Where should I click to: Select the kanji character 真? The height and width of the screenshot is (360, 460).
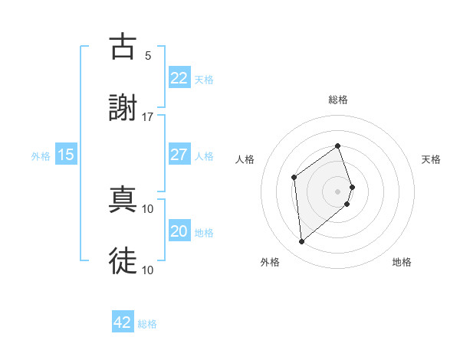(123, 200)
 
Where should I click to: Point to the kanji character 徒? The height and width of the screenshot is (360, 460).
(123, 261)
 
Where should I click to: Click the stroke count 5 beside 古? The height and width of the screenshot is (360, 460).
(148, 55)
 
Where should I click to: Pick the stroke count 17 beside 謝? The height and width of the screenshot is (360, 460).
(148, 116)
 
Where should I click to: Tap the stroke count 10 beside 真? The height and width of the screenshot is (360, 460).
(148, 208)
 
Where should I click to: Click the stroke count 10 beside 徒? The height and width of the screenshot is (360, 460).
(148, 270)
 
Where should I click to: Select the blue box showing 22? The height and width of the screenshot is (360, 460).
(179, 78)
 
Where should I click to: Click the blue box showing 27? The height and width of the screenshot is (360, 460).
(179, 155)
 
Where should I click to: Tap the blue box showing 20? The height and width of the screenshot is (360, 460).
(179, 231)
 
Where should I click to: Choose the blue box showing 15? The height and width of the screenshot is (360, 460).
(66, 155)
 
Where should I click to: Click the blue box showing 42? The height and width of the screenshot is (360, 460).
(123, 322)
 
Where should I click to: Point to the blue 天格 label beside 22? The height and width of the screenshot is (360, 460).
(204, 79)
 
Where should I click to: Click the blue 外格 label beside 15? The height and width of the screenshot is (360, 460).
(41, 155)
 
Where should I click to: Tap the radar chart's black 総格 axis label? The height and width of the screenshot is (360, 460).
(338, 100)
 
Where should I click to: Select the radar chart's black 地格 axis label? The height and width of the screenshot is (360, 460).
(402, 262)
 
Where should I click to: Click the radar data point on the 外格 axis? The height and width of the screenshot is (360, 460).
(302, 242)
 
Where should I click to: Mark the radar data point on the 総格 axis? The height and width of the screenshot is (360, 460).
(338, 146)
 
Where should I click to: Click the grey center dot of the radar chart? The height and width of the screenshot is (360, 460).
(338, 191)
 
